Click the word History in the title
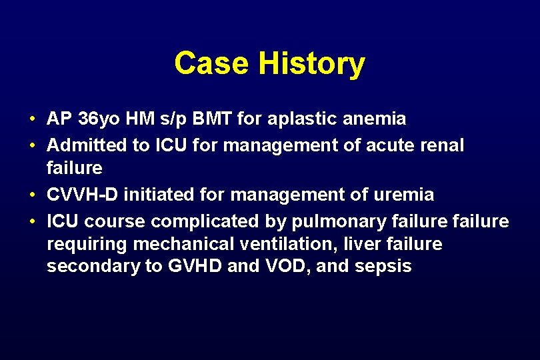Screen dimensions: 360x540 click(x=311, y=65)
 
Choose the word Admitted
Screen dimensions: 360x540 click(x=87, y=145)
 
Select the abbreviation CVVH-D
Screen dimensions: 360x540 click(x=83, y=195)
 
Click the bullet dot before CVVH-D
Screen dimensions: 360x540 click(x=32, y=195)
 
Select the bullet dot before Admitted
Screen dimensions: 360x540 click(x=32, y=145)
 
